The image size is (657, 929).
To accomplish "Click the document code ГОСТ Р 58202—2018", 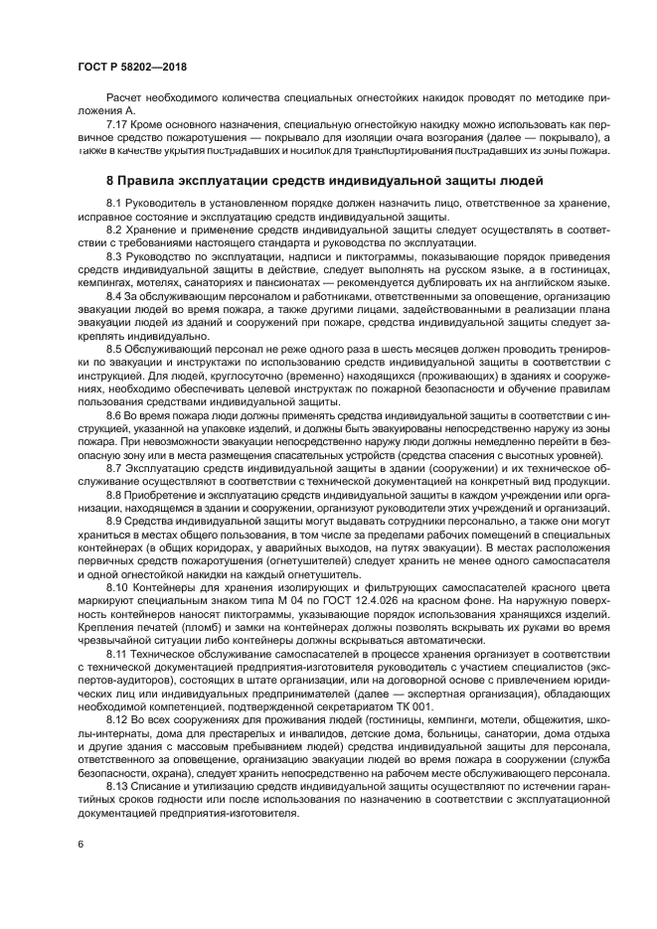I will (x=131, y=67).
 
